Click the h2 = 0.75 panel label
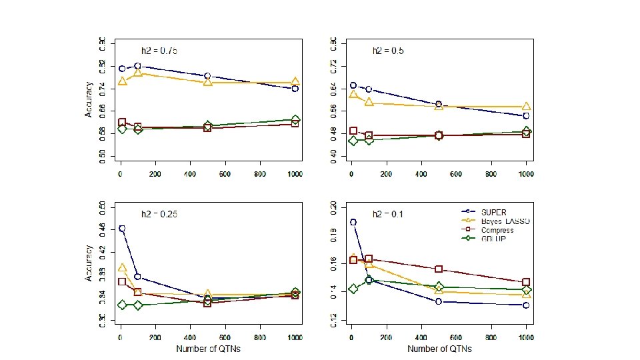(159, 51)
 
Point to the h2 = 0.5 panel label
(388, 51)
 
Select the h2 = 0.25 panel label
(159, 214)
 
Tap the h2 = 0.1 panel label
(388, 214)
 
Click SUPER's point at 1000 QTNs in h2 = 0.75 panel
(295, 88)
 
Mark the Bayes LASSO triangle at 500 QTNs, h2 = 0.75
(208, 82)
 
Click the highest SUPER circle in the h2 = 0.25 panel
(122, 228)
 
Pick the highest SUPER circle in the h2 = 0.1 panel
(353, 222)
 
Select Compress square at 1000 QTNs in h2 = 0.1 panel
(526, 282)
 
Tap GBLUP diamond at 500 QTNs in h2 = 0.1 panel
(439, 287)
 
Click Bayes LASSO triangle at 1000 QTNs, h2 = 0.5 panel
(526, 107)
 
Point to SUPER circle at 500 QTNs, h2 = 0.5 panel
(439, 105)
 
